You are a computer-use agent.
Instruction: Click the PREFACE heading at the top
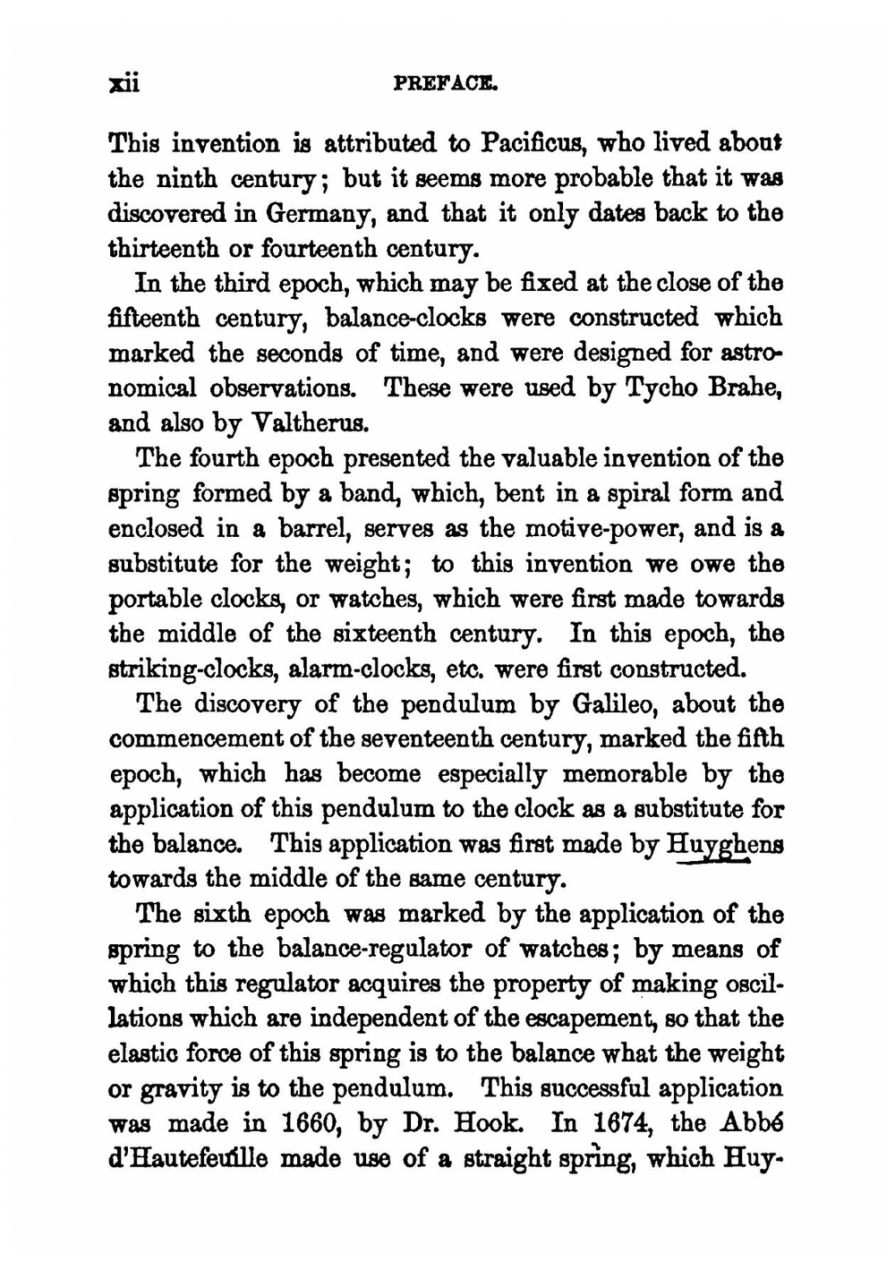[x=445, y=84]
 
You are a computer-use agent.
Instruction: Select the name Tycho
[x=645, y=388]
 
